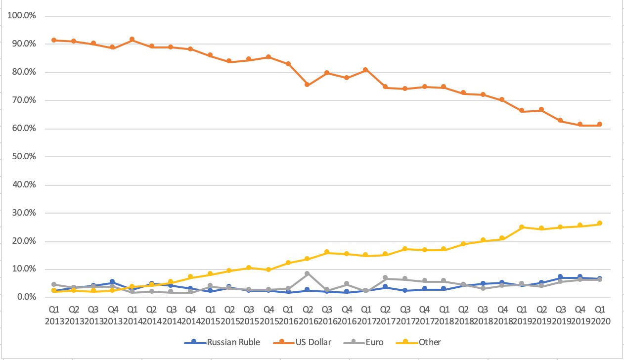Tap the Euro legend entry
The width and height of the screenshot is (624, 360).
tap(374, 342)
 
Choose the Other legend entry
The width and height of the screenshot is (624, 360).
tap(429, 342)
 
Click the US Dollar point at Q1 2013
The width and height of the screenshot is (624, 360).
tap(54, 40)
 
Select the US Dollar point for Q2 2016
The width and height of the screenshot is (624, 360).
tap(308, 85)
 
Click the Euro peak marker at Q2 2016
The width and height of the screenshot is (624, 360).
tap(308, 273)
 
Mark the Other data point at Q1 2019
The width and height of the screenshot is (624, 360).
tap(522, 227)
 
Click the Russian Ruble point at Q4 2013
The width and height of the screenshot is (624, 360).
tap(112, 282)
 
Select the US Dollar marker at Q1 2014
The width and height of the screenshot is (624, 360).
tap(132, 39)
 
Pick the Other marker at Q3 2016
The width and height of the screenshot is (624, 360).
tap(327, 252)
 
